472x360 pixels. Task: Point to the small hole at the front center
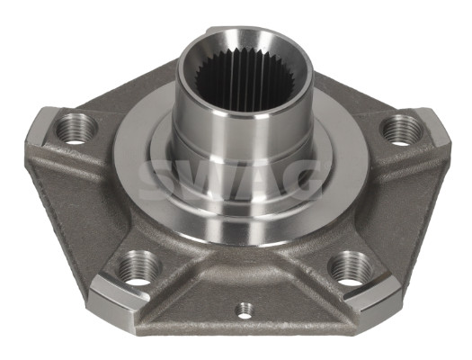[x=242, y=310]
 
